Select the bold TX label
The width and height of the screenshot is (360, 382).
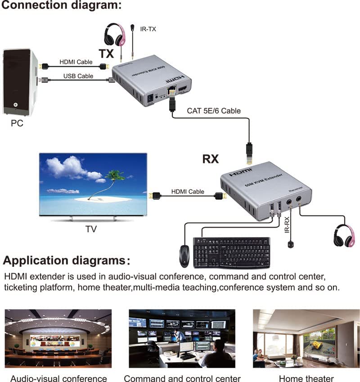click(x=107, y=54)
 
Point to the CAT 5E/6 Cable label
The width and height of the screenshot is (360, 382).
click(x=214, y=110)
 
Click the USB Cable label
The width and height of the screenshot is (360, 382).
click(x=78, y=76)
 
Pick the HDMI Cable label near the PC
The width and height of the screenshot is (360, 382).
click(x=76, y=62)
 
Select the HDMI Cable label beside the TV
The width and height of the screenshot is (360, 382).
click(x=187, y=192)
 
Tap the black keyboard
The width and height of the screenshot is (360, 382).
click(x=232, y=252)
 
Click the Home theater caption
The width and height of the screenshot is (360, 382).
click(x=306, y=378)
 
